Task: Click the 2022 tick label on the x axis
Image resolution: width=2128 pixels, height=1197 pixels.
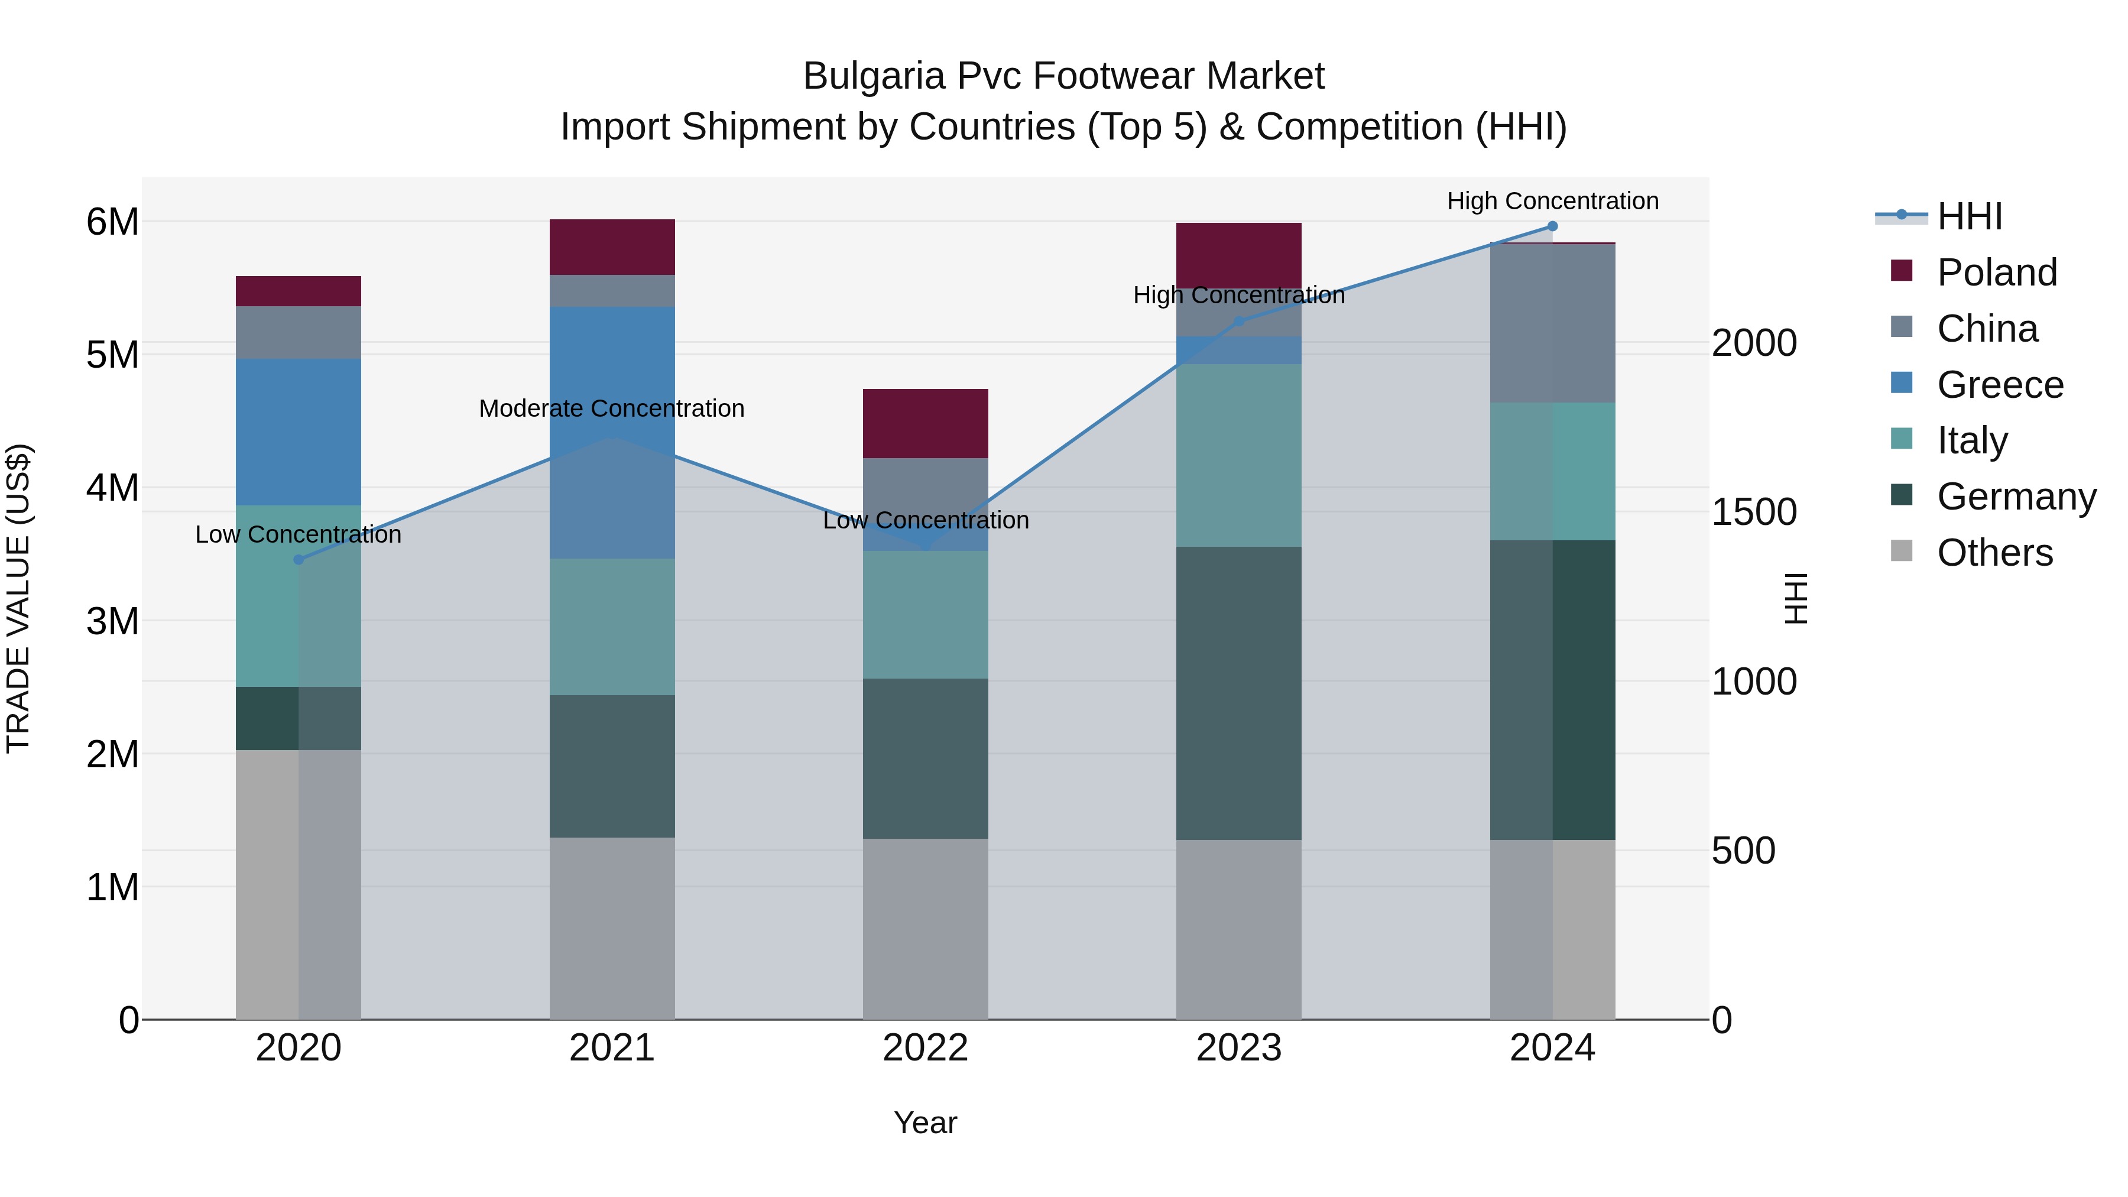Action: click(925, 1048)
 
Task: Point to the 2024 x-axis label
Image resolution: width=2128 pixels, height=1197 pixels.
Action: click(1552, 1048)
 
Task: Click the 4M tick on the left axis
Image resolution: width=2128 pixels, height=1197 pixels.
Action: click(112, 488)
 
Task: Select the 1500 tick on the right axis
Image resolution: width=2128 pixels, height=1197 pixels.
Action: click(1754, 512)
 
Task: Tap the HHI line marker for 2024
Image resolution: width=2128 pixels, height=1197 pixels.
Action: click(1552, 226)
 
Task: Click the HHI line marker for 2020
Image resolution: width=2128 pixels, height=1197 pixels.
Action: click(299, 559)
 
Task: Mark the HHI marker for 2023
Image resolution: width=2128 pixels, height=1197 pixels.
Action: click(1238, 322)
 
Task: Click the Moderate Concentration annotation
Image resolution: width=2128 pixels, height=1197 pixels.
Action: click(611, 409)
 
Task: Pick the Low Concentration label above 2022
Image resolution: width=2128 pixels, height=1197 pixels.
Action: click(925, 520)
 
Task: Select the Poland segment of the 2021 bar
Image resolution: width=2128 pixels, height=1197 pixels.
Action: click(612, 247)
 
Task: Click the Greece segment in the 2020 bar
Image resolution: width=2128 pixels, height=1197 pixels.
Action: click(299, 432)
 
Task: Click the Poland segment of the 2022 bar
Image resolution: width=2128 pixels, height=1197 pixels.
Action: click(925, 423)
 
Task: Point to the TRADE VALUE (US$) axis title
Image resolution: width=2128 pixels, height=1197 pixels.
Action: click(18, 598)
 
